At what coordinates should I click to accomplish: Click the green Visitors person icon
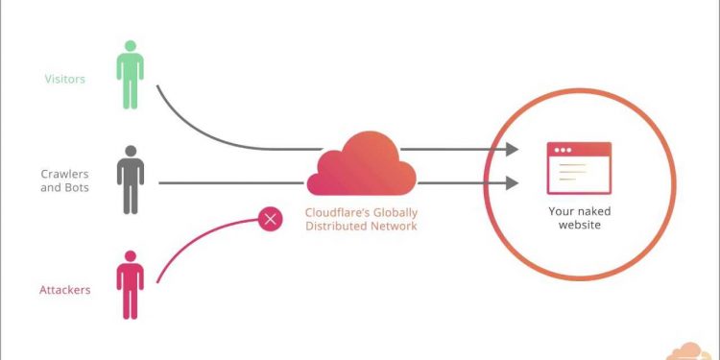tap(130, 75)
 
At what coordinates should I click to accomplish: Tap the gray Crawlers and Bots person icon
tap(131, 180)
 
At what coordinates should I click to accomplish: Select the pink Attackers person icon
tap(130, 285)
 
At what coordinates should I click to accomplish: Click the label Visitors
tap(64, 79)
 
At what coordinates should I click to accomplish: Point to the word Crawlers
tap(64, 174)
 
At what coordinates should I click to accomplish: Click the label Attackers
tap(64, 290)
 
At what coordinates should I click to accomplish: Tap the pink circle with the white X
tap(271, 219)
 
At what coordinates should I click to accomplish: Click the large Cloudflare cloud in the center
tap(361, 164)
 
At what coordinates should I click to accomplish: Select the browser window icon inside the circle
tap(579, 168)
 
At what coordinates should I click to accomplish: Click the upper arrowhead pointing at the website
tap(512, 149)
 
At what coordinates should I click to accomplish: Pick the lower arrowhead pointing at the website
tap(512, 183)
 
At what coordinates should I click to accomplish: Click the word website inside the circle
tap(580, 225)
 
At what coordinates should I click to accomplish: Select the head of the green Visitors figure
tap(131, 46)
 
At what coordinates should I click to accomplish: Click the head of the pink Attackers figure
tap(131, 256)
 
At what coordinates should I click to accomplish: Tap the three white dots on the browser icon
tap(563, 150)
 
